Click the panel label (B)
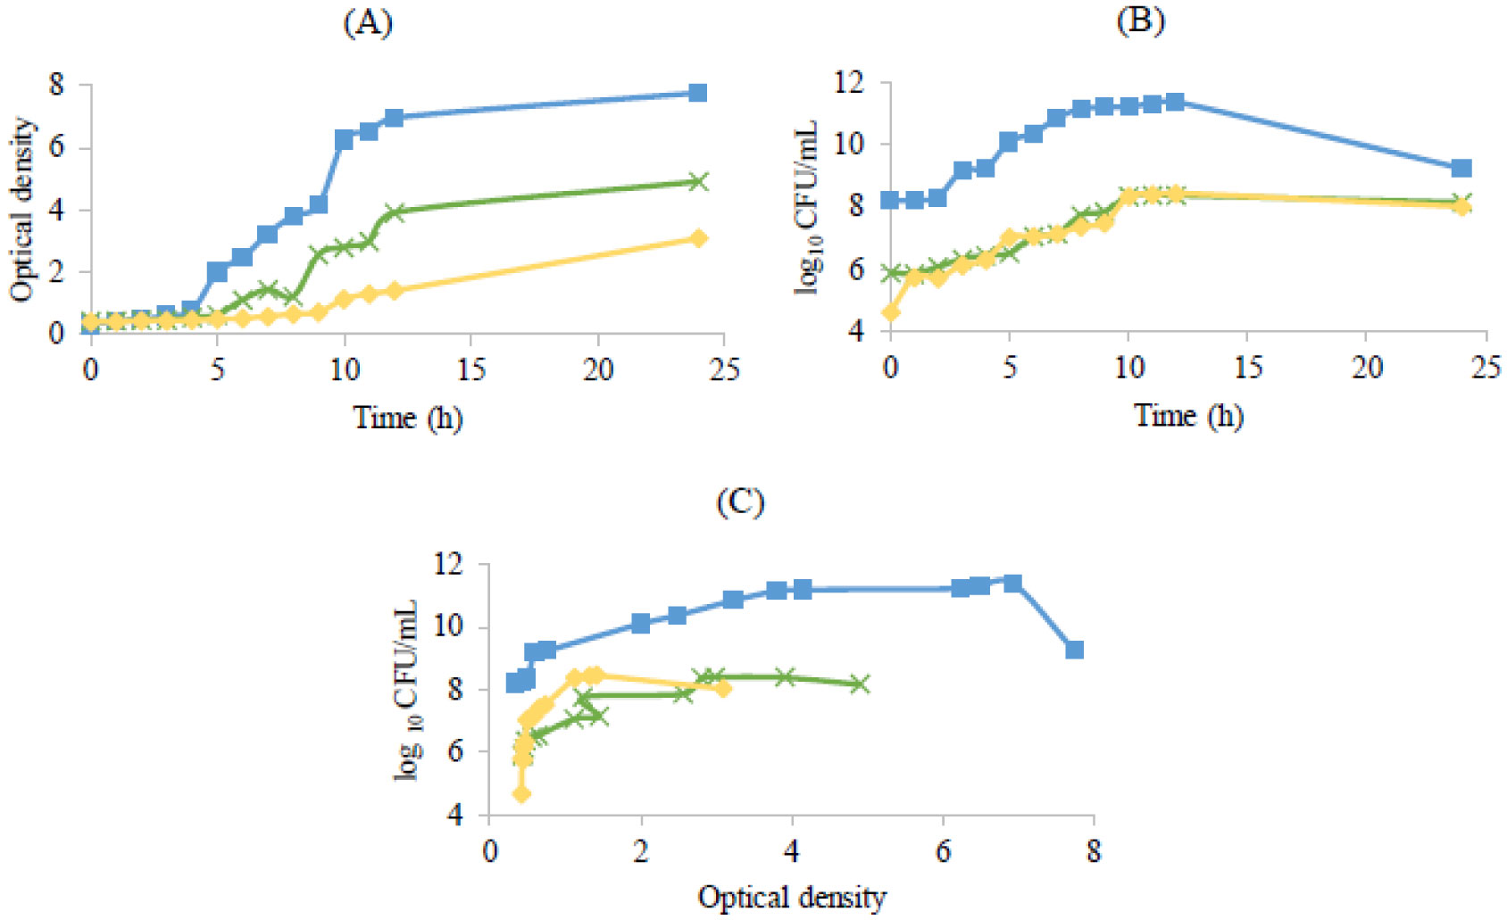click(1140, 21)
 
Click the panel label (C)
click(740, 503)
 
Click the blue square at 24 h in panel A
click(698, 93)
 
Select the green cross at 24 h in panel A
click(698, 182)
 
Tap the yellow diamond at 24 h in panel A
click(698, 238)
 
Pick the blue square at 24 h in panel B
click(1461, 169)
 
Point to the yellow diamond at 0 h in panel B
click(890, 312)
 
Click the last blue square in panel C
click(1074, 650)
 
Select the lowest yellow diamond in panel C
click(521, 793)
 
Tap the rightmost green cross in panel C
click(859, 684)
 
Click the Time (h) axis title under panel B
click(1188, 416)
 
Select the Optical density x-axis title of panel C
click(792, 897)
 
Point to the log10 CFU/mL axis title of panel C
click(407, 690)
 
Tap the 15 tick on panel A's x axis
click(470, 369)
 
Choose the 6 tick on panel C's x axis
click(943, 850)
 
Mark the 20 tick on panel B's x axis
click(1366, 367)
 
